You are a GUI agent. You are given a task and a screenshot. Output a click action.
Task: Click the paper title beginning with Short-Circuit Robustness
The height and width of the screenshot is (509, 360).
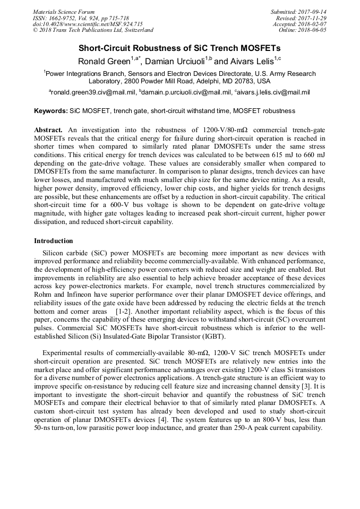(179, 48)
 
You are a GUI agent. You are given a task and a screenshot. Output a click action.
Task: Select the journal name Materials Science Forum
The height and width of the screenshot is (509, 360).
(64, 12)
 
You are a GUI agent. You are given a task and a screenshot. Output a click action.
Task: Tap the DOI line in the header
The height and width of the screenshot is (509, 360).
(88, 24)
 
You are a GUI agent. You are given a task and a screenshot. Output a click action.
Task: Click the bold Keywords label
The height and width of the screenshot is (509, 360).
(51, 111)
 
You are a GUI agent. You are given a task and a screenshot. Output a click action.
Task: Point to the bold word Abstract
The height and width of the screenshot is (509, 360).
(48, 130)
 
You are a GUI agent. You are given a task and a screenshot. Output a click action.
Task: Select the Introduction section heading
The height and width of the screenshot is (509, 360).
(53, 241)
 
